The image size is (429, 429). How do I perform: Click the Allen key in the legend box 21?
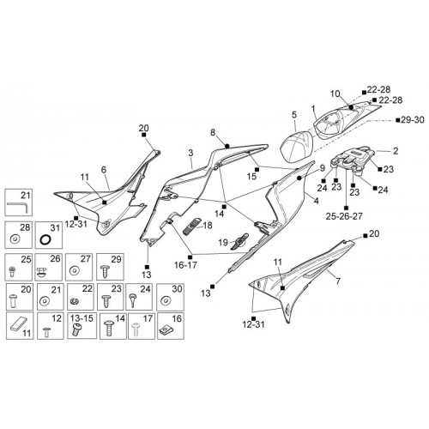click(18, 205)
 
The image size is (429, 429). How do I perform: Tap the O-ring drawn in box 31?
click(45, 239)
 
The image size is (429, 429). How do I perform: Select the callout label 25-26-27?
click(344, 216)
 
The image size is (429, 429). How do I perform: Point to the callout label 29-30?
click(413, 120)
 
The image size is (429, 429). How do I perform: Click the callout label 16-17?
click(185, 265)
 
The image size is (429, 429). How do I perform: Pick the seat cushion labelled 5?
click(296, 147)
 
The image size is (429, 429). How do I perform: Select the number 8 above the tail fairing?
click(213, 132)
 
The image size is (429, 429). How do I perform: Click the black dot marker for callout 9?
click(299, 178)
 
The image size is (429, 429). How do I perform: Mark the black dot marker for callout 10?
click(351, 107)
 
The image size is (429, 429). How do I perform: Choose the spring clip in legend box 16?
click(166, 330)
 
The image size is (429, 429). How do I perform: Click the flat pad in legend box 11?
click(19, 324)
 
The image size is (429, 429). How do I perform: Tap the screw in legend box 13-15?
click(76, 329)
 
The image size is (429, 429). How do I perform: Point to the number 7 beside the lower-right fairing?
click(338, 281)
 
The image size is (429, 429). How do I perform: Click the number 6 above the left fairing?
click(104, 170)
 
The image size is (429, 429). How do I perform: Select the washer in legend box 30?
click(165, 300)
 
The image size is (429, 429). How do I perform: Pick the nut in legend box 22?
click(74, 301)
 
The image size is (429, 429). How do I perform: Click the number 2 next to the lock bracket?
click(396, 151)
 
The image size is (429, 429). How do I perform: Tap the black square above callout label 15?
click(257, 170)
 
